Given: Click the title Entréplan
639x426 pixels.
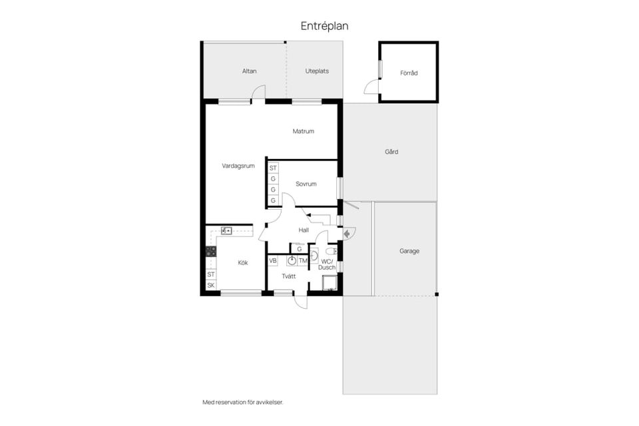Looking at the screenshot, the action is (324, 26).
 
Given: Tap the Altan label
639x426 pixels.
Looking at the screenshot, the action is (250, 71).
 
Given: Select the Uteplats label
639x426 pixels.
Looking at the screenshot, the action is (317, 71).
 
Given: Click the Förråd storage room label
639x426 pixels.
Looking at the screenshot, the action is (409, 73).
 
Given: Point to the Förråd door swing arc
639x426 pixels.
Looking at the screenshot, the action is (368, 85).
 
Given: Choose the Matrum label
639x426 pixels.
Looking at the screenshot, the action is (304, 131).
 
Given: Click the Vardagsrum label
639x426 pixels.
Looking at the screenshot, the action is (238, 166).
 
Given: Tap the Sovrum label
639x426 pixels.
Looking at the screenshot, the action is (306, 184).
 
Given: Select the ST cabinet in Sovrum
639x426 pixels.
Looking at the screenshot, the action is (273, 168).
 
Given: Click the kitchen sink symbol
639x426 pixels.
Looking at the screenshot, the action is (226, 231).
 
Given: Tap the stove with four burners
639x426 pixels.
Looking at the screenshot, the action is (211, 251).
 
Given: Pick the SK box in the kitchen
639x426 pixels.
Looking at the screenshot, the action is (211, 286).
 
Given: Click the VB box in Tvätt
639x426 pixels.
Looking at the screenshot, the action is (273, 260).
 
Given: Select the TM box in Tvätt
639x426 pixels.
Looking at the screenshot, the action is (303, 260).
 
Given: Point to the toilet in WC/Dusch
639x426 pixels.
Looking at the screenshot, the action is (331, 251).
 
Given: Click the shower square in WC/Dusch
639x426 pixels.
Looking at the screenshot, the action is (329, 283).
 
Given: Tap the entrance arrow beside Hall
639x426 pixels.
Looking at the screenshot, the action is (346, 234).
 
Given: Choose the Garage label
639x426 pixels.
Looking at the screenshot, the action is (409, 251).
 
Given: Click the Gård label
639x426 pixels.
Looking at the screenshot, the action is (391, 152).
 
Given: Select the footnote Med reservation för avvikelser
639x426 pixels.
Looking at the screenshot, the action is (243, 402).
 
